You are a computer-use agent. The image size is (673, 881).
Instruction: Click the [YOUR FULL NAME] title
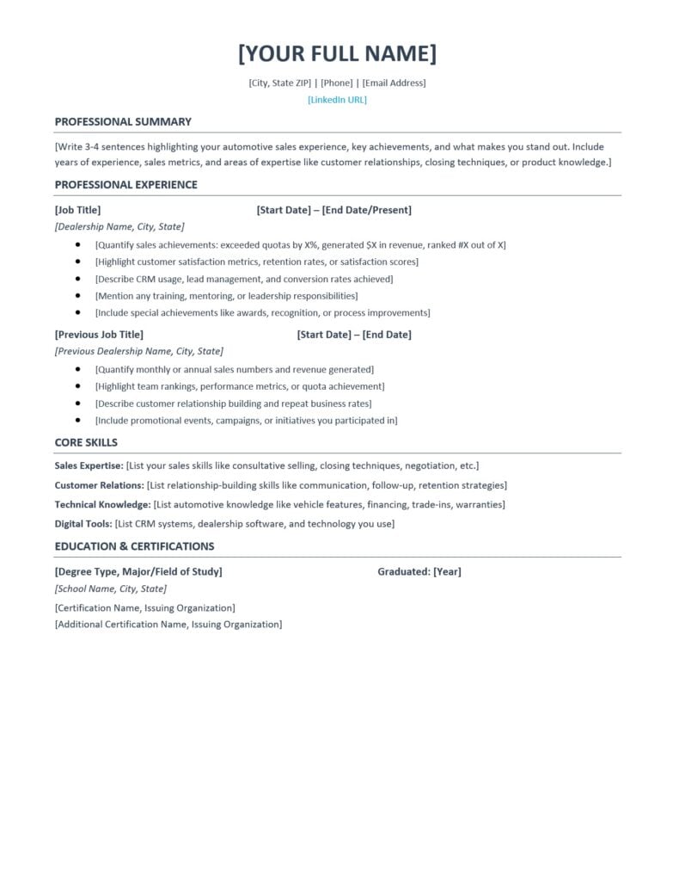(x=337, y=53)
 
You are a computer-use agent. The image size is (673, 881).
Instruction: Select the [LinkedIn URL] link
(x=337, y=100)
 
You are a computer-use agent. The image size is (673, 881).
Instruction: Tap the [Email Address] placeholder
(x=394, y=83)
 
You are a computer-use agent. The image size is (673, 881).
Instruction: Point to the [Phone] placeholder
(x=337, y=83)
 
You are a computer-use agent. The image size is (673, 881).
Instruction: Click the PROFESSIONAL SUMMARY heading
(x=123, y=121)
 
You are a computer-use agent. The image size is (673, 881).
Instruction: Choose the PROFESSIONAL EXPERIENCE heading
(x=125, y=184)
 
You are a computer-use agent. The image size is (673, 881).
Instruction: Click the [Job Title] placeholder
(x=77, y=210)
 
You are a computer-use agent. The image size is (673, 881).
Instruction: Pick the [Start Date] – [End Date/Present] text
(x=333, y=210)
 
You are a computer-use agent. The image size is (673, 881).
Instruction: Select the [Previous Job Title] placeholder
(x=99, y=334)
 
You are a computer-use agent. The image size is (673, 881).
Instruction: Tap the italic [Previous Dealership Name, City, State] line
(x=138, y=351)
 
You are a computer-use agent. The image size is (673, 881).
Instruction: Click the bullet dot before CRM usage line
(x=77, y=279)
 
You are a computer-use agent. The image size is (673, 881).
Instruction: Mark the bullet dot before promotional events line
(x=77, y=421)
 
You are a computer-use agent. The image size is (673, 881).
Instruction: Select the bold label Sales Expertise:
(x=89, y=465)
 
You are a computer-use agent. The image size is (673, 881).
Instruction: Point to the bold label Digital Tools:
(x=83, y=523)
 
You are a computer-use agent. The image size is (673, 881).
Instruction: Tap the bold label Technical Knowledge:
(x=102, y=504)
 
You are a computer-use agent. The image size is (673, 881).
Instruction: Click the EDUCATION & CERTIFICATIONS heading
(x=134, y=545)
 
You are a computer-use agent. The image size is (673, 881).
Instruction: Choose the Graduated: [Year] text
(x=419, y=571)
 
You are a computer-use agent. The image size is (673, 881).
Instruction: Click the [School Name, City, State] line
(x=110, y=588)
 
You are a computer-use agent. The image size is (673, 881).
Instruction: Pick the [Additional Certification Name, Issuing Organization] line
(x=168, y=624)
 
